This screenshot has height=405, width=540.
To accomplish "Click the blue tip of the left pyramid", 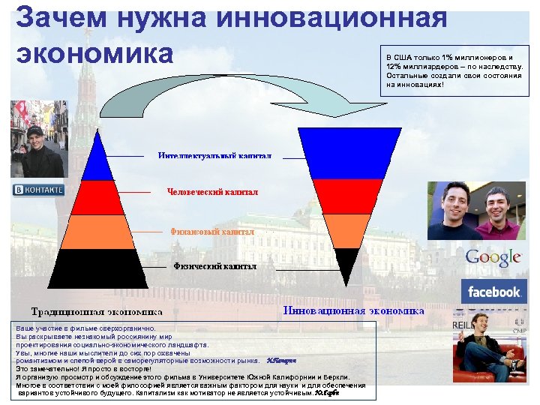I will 95,161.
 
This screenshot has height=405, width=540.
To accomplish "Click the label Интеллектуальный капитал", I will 214,155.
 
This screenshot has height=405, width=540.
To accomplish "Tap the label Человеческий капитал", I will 212,192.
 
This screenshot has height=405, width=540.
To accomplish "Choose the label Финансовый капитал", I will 212,232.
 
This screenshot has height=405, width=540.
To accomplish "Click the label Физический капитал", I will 214,266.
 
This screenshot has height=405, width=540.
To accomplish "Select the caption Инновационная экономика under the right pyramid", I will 353,310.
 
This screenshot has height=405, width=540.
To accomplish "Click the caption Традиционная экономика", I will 96,311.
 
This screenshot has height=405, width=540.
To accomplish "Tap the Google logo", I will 493,257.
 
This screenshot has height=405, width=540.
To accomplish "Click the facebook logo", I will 493,291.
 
